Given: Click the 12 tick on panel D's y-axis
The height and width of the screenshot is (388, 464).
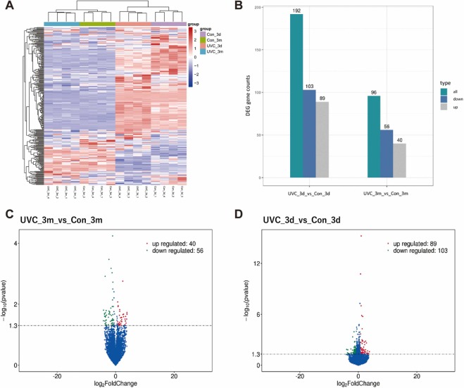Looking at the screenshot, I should point(258,263).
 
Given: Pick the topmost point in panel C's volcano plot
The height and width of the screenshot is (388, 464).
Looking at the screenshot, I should point(112,236).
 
